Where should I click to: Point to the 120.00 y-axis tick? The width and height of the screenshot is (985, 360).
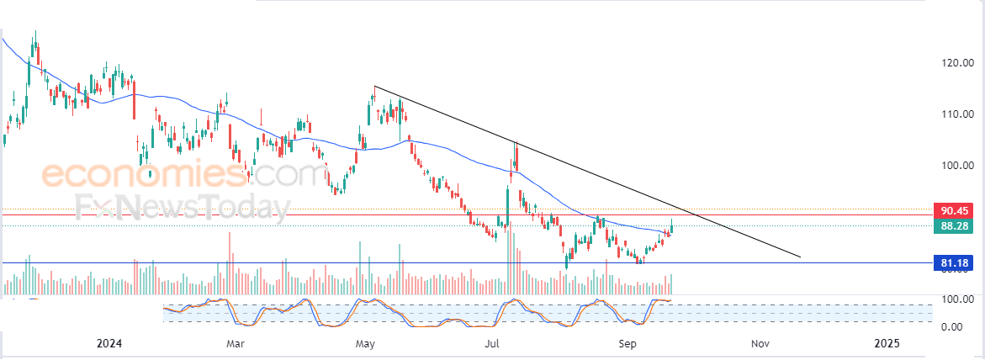(956, 63)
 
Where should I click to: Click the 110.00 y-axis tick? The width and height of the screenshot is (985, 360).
(956, 114)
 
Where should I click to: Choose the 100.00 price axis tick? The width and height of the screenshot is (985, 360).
(956, 166)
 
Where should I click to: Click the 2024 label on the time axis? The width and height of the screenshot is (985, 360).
(109, 343)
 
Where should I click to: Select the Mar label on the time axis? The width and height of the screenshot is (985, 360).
(236, 343)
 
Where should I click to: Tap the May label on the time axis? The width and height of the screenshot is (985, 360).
(365, 343)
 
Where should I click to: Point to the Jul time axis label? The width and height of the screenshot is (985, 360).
(494, 343)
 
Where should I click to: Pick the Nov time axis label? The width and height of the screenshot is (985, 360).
(760, 343)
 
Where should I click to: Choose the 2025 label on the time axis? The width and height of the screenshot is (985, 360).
(887, 343)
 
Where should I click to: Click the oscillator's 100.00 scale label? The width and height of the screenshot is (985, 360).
(956, 299)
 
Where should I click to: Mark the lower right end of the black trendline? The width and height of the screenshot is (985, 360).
(800, 257)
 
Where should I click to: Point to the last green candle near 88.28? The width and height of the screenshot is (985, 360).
(672, 225)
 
